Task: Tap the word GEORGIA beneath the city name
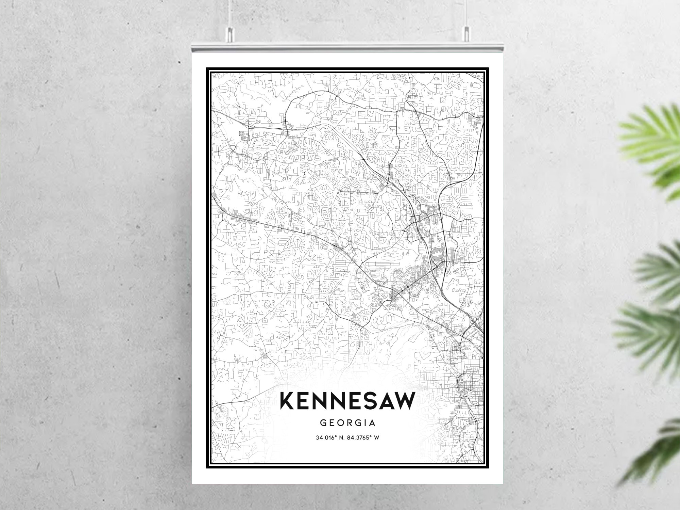(x=347, y=423)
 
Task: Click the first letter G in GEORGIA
(x=323, y=423)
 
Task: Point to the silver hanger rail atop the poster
(x=347, y=48)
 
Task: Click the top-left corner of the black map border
(x=207, y=68)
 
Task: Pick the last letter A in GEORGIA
(x=372, y=423)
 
